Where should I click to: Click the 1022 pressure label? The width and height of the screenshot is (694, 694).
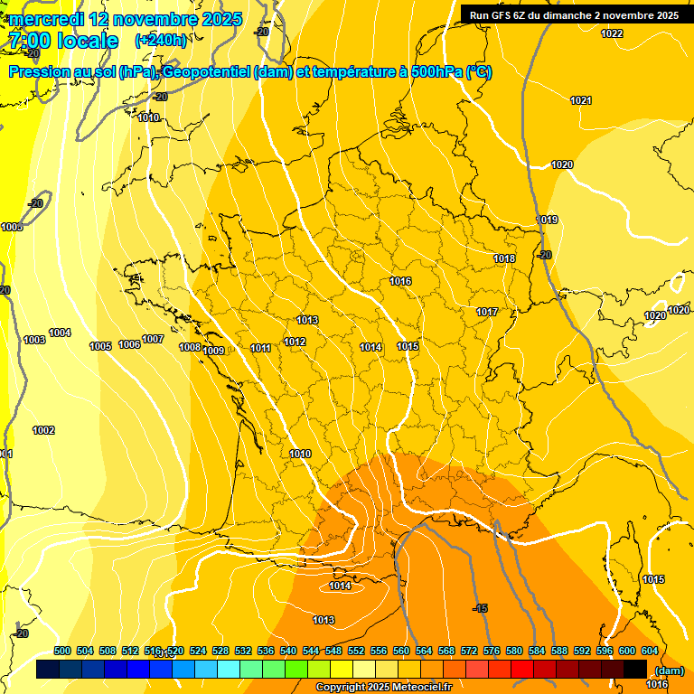point(612,33)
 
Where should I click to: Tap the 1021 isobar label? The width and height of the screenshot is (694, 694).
point(581,100)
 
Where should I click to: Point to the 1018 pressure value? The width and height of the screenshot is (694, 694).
point(504,259)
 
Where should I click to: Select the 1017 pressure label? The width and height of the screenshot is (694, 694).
point(488,312)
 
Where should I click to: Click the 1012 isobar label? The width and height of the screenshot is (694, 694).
point(295,342)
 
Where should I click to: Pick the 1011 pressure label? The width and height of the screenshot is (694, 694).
point(261,348)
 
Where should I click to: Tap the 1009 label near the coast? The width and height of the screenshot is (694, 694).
point(213,351)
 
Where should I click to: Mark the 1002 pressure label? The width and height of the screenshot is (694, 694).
point(43,430)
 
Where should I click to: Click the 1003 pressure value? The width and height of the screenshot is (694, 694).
point(34,340)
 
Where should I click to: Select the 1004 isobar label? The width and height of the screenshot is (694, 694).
point(60,333)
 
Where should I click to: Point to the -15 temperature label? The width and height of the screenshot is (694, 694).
point(481,608)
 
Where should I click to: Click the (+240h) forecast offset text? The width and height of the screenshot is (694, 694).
point(161,41)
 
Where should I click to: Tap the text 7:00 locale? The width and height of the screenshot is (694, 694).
point(63,41)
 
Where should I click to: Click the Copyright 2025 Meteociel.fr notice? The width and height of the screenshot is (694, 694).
point(383,688)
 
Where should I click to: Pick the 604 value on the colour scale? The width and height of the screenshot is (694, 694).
point(649,651)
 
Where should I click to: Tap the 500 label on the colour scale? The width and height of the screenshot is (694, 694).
point(62,651)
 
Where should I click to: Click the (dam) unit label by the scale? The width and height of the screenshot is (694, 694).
point(668,670)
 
